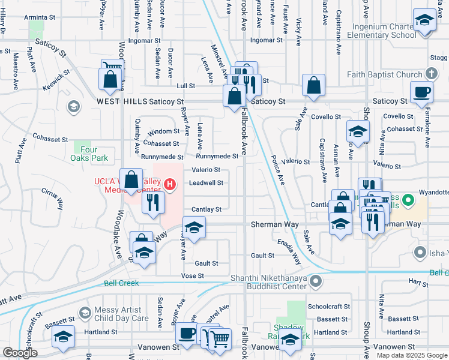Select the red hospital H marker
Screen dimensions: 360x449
click(x=170, y=184)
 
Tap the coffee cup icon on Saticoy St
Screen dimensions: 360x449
click(x=421, y=91)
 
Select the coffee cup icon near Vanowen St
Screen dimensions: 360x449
click(x=185, y=334)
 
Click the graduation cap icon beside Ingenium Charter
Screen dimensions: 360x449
click(x=424, y=20)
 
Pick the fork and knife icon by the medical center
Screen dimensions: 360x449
click(x=154, y=202)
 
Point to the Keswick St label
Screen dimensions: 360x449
click(x=56, y=79)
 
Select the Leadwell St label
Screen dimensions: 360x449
click(x=206, y=183)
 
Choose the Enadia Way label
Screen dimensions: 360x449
click(x=289, y=252)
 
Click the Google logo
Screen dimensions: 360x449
click(x=20, y=353)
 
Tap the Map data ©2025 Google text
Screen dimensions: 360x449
click(x=411, y=355)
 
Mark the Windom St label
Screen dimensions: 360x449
click(x=163, y=131)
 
